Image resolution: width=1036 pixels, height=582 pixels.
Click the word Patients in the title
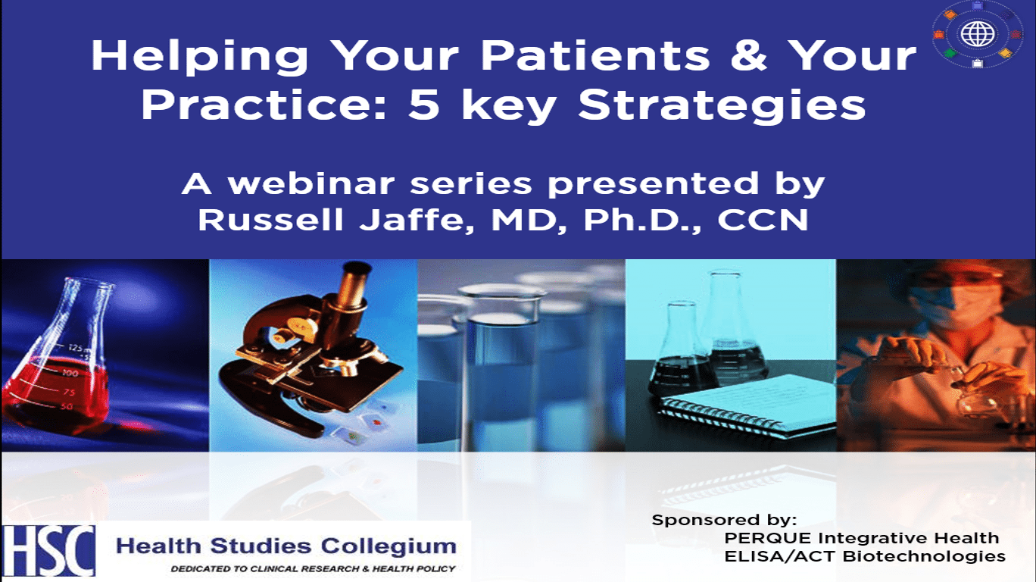pyautogui.click(x=595, y=55)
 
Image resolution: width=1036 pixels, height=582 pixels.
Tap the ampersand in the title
pyautogui.click(x=749, y=55)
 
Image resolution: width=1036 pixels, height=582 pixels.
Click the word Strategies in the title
pyautogui.click(x=722, y=106)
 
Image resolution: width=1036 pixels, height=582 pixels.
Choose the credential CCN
pyautogui.click(x=763, y=220)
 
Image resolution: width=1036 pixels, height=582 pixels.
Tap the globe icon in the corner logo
pyautogui.click(x=977, y=34)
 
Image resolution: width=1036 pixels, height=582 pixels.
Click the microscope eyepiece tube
pyautogui.click(x=353, y=289)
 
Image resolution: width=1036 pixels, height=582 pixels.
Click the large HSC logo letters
pyautogui.click(x=48, y=550)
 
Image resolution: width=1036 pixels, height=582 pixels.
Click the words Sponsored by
pyautogui.click(x=724, y=521)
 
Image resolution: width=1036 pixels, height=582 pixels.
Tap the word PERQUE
pyautogui.click(x=768, y=538)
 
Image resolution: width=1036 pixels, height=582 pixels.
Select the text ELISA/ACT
pyautogui.click(x=780, y=556)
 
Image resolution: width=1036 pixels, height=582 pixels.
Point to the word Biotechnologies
pyautogui.click(x=924, y=556)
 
